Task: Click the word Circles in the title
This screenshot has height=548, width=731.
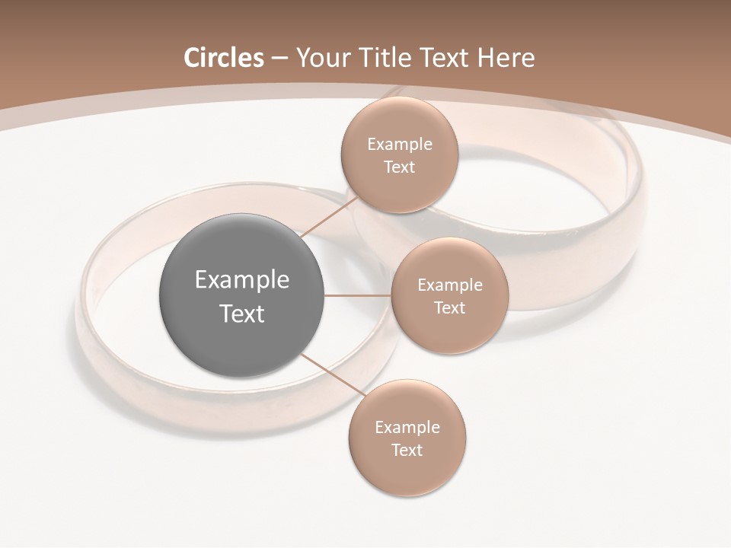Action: point(224,58)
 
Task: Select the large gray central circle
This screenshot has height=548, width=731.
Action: point(241,295)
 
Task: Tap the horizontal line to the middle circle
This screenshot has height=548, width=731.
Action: point(357,295)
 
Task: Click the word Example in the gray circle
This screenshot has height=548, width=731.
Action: point(241,280)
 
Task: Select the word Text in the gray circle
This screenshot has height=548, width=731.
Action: point(241,314)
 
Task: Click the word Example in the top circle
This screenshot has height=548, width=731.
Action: point(399,145)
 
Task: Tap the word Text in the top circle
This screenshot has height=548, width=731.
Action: point(399,167)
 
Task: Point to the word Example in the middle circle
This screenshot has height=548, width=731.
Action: point(449,285)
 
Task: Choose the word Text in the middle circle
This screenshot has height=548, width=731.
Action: point(449,308)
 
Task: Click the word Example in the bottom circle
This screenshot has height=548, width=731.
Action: point(407,428)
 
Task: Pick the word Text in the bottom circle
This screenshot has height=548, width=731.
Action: point(407,451)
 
